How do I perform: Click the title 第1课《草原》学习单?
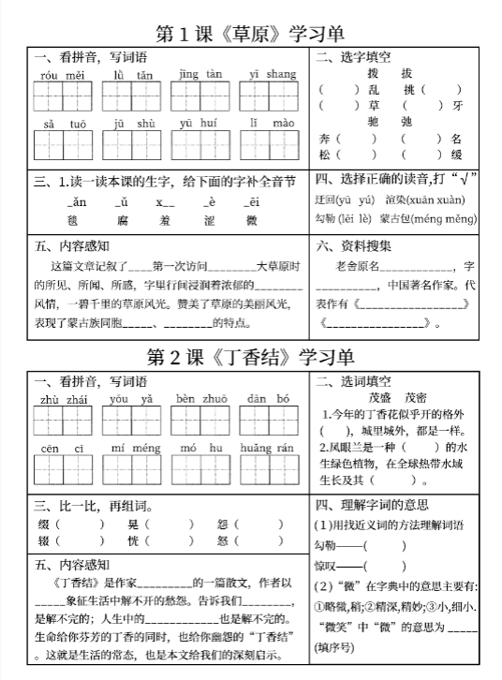(x=251, y=34)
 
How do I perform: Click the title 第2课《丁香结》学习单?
(x=251, y=357)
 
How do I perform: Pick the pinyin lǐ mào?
(x=272, y=122)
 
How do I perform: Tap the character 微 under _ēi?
(x=251, y=220)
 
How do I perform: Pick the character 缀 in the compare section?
(x=42, y=524)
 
